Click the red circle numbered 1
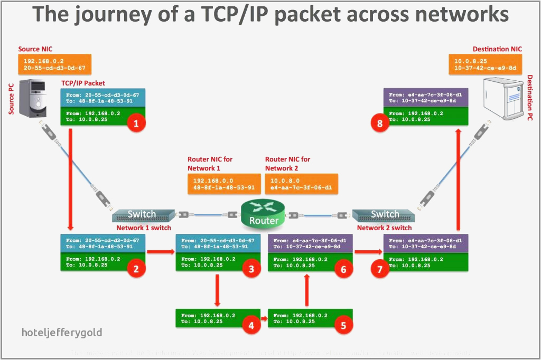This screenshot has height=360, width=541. pos(136,124)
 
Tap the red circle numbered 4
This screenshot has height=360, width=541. pos(251,326)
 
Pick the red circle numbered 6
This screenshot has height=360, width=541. pos(343,269)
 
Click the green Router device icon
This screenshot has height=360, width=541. pos(263,213)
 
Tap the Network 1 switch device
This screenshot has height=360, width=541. pos(143,215)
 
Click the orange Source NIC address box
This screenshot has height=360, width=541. pos(55,64)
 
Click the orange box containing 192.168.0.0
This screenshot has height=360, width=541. pos(223,183)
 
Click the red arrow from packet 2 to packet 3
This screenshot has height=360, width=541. pos(160,252)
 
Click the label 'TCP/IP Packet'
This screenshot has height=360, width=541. pos(83,83)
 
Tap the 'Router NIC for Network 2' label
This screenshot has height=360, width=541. pos(287,164)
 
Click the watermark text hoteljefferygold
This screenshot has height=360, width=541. pos(62,333)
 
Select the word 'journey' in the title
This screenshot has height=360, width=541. pos(111,14)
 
